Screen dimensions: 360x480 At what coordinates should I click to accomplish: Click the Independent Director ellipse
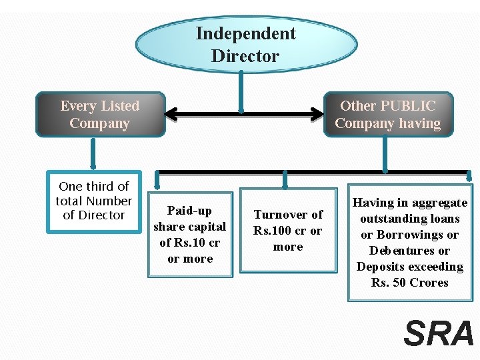[246, 45]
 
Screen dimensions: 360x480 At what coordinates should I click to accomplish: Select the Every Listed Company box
[100, 115]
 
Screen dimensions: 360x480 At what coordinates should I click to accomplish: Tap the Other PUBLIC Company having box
[388, 115]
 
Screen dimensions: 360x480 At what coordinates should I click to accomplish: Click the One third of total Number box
[93, 201]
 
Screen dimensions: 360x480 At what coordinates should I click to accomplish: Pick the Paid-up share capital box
[190, 235]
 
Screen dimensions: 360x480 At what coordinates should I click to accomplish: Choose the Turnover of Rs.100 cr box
[288, 231]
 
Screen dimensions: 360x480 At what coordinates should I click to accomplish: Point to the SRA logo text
[439, 333]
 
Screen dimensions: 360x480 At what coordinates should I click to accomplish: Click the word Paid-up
[190, 211]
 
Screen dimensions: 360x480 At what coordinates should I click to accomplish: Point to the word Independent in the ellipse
[246, 33]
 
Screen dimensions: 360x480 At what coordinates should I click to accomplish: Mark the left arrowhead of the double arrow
[171, 114]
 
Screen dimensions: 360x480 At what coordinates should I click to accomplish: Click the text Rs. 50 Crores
[410, 283]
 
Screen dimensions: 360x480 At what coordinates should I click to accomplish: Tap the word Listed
[118, 106]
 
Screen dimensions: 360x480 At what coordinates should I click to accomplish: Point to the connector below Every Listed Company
[93, 153]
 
